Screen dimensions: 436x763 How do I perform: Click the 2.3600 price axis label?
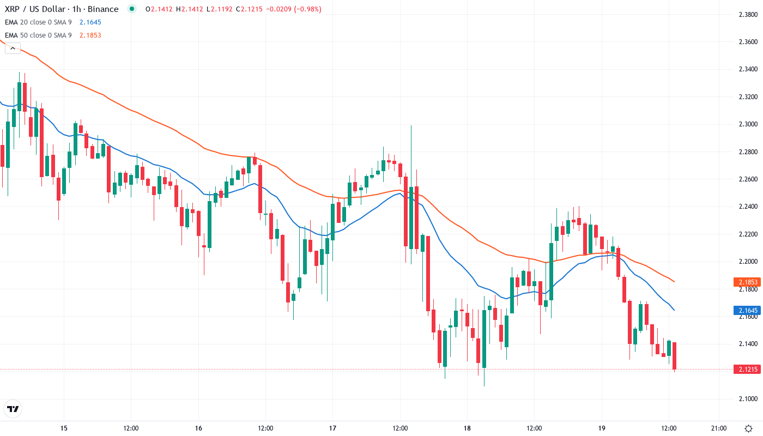pos(747,42)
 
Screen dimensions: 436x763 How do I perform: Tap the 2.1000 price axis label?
pos(747,399)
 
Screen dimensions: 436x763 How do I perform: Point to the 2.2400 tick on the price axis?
pos(747,207)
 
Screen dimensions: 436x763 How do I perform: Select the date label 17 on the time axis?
pos(333,428)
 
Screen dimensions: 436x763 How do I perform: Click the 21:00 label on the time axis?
pos(719,428)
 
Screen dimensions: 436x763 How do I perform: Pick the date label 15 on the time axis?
pos(64,428)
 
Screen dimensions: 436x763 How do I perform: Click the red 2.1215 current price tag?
pos(747,370)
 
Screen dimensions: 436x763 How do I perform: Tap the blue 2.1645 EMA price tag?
pos(747,311)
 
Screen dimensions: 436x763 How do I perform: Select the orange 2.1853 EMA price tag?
pos(747,282)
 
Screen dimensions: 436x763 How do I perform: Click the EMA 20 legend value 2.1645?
pos(90,22)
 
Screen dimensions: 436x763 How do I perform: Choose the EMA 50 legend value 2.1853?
pos(90,35)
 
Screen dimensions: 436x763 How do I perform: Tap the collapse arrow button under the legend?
pos(13,49)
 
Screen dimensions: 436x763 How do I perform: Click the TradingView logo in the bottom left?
pos(13,409)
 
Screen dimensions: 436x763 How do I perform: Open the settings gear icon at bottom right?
pos(750,428)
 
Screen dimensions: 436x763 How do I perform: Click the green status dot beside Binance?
pos(131,9)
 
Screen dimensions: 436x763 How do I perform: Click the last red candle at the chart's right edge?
pos(675,356)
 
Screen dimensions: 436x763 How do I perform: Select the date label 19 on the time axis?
pos(602,428)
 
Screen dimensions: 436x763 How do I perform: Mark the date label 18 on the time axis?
pos(467,428)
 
